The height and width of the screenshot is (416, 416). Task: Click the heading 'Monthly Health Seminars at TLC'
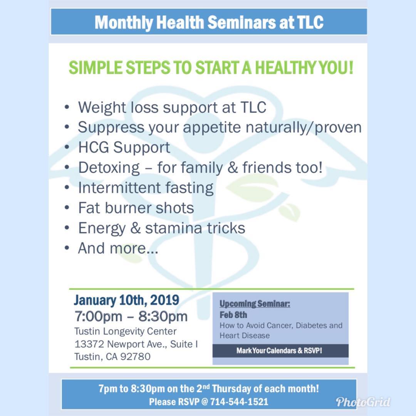(209, 22)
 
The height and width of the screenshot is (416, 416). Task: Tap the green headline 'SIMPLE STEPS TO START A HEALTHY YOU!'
(211, 67)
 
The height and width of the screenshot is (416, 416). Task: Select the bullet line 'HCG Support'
(124, 148)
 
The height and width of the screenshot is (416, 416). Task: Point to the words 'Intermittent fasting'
(146, 188)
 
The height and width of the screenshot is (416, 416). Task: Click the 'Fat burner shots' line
(136, 208)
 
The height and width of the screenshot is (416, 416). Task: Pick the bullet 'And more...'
(118, 248)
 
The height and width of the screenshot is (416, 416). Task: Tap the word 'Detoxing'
(109, 168)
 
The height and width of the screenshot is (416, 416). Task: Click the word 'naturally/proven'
(304, 127)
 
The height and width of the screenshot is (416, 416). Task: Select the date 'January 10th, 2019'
(127, 300)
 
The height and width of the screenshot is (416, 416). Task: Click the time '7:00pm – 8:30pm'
(131, 316)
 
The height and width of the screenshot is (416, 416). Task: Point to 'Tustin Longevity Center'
(126, 331)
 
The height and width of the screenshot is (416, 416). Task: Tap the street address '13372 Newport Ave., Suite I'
(136, 344)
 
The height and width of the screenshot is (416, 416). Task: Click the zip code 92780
(135, 357)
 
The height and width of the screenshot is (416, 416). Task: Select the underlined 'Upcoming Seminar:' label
(255, 304)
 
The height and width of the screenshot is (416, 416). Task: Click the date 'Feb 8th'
(233, 315)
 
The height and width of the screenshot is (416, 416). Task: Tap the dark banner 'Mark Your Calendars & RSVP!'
(280, 351)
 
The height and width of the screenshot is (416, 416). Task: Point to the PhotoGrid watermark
(363, 402)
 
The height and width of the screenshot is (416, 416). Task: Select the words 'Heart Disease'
(245, 335)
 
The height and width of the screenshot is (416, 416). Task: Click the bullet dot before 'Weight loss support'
(67, 107)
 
